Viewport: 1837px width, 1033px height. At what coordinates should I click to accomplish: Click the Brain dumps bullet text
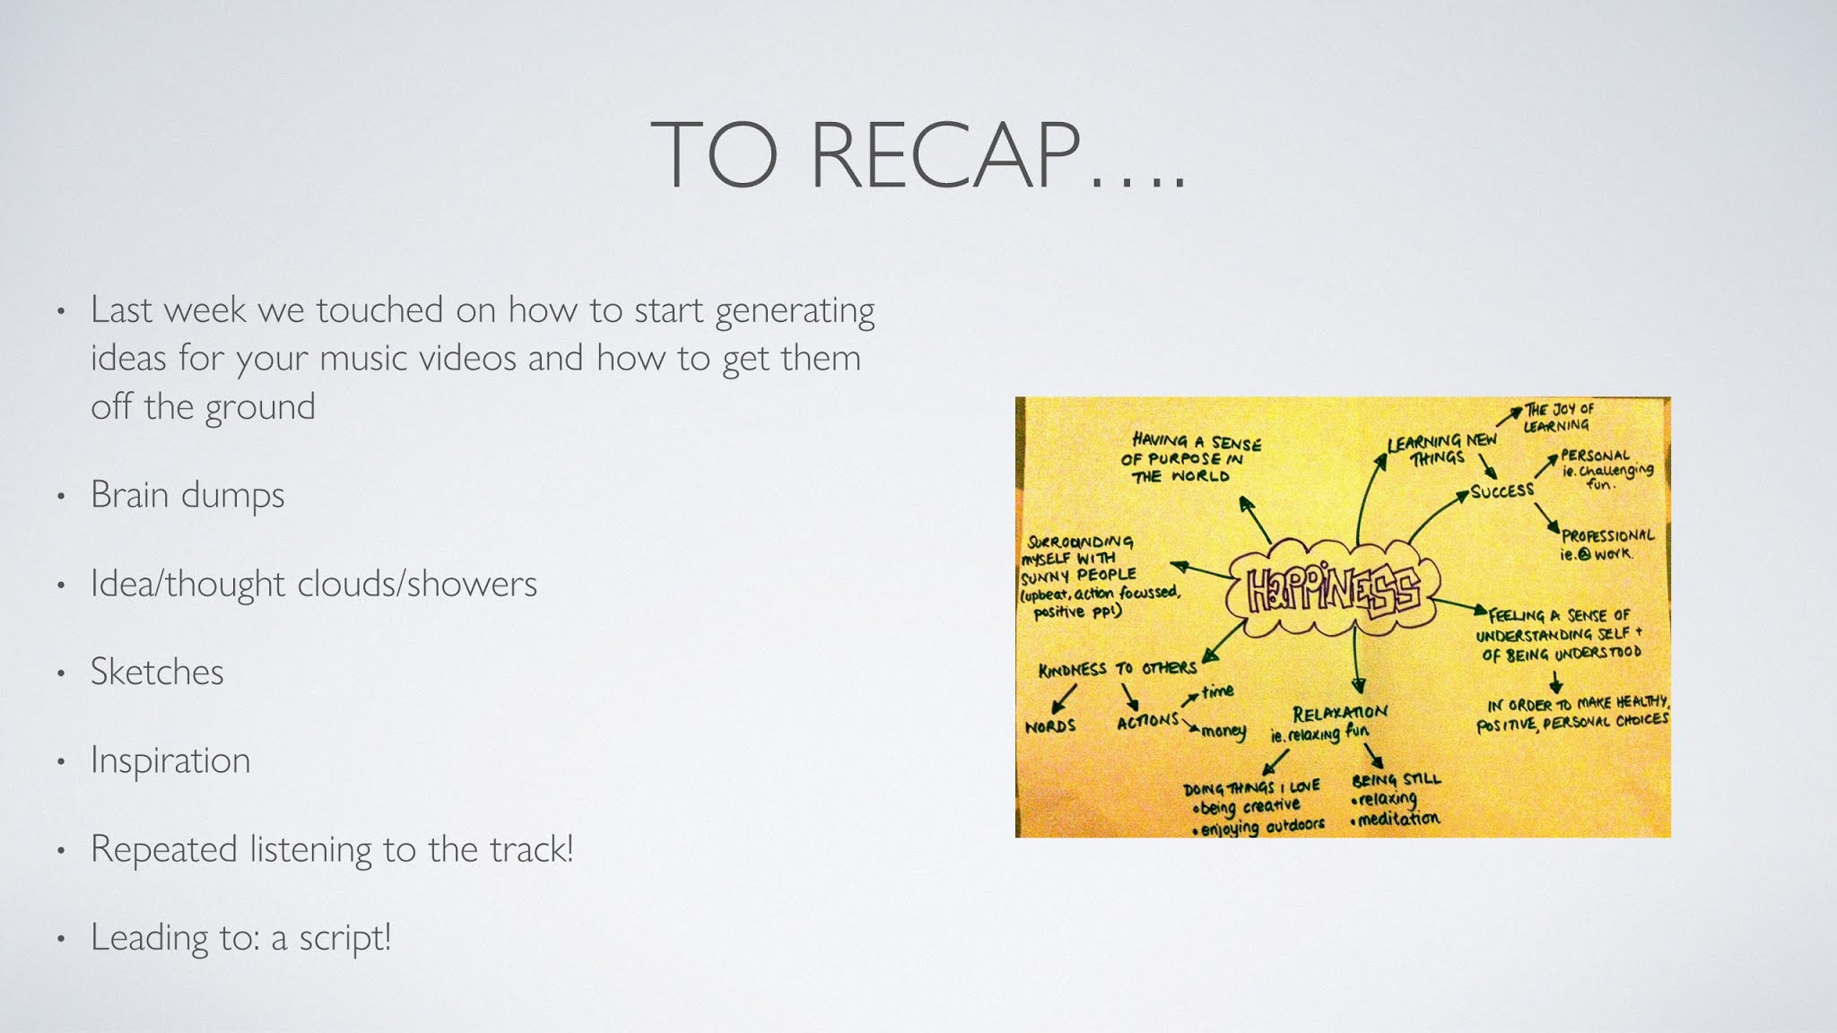(x=187, y=495)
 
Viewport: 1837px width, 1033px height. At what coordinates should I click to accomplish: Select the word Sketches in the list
(x=157, y=672)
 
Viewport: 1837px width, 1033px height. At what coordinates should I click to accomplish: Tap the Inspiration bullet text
(x=170, y=760)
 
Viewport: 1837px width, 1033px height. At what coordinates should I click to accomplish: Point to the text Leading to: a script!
(x=241, y=938)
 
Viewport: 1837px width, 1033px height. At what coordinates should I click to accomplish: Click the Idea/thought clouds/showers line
(x=314, y=584)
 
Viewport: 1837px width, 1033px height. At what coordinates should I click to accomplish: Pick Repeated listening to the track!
(x=332, y=849)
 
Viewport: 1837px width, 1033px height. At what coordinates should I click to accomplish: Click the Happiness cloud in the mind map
(x=1330, y=589)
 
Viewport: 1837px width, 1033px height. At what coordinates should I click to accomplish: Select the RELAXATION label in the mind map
(x=1339, y=713)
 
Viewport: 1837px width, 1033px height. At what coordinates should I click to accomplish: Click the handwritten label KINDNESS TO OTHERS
(x=1117, y=669)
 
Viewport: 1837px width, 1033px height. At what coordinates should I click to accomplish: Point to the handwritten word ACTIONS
(x=1147, y=720)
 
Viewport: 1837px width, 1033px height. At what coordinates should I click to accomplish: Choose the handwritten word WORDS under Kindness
(x=1049, y=725)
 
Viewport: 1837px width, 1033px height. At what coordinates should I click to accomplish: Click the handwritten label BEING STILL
(x=1396, y=779)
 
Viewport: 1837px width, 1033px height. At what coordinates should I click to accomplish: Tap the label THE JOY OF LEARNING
(x=1557, y=417)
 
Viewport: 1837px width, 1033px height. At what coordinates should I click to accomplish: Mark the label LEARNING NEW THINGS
(x=1441, y=449)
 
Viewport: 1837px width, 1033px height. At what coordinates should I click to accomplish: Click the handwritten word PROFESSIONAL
(x=1607, y=535)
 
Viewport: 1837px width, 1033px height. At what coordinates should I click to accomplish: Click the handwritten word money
(x=1223, y=732)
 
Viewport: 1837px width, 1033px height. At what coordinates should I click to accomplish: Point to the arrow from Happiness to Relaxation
(x=1355, y=659)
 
